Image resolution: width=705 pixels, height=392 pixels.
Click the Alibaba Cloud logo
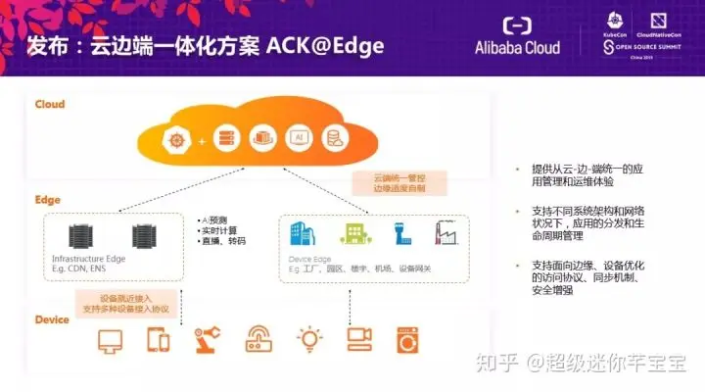pyautogui.click(x=517, y=36)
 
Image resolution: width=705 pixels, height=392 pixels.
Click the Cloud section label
pyautogui.click(x=50, y=104)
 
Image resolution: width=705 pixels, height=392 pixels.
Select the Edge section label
pyautogui.click(x=48, y=200)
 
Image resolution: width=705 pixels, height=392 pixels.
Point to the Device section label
pyautogui.click(x=53, y=319)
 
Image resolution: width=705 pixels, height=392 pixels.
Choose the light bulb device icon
pyautogui.click(x=310, y=339)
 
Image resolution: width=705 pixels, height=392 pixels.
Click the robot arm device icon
pyautogui.click(x=209, y=339)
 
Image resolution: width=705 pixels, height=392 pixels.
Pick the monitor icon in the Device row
pyautogui.click(x=109, y=340)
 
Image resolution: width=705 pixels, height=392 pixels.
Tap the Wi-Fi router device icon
pyautogui.click(x=259, y=339)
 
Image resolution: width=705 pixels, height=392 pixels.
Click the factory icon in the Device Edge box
pyautogui.click(x=446, y=232)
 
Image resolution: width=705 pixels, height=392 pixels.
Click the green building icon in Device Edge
pyautogui.click(x=352, y=233)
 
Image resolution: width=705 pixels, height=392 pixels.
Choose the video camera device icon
pyautogui.click(x=359, y=339)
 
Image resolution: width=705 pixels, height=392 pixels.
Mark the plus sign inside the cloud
pyautogui.click(x=203, y=141)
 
